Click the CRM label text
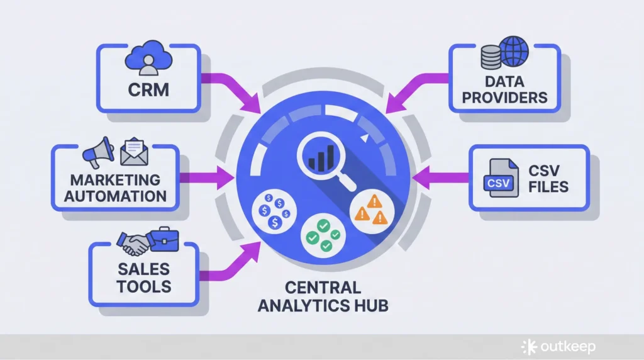148,89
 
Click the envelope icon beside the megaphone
133,151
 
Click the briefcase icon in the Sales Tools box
163,239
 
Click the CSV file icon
499,182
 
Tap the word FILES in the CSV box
548,187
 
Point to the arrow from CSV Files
440,178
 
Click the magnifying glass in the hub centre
321,157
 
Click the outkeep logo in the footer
558,347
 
